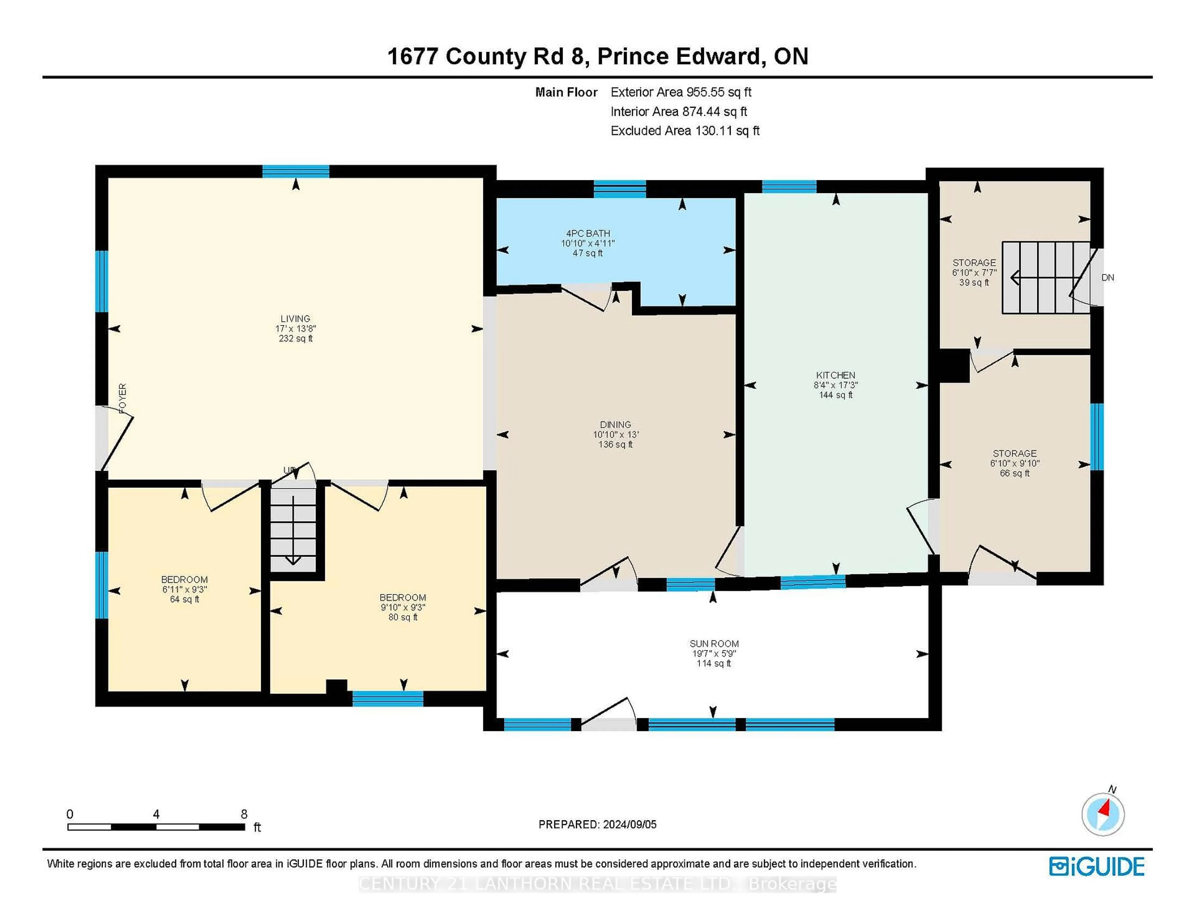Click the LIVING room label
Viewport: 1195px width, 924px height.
coord(295,318)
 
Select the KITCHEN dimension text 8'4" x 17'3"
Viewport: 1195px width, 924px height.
coord(836,385)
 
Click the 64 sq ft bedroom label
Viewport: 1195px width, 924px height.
coord(185,580)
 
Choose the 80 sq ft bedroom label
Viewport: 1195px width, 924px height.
coord(403,598)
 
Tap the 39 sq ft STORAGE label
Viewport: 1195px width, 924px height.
coord(974,263)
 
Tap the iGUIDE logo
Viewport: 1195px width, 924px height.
coord(1097,866)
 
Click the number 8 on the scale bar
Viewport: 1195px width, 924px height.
coord(244,814)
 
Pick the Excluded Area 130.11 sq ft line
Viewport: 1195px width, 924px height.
coord(685,131)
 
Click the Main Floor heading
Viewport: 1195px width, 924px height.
coord(566,92)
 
